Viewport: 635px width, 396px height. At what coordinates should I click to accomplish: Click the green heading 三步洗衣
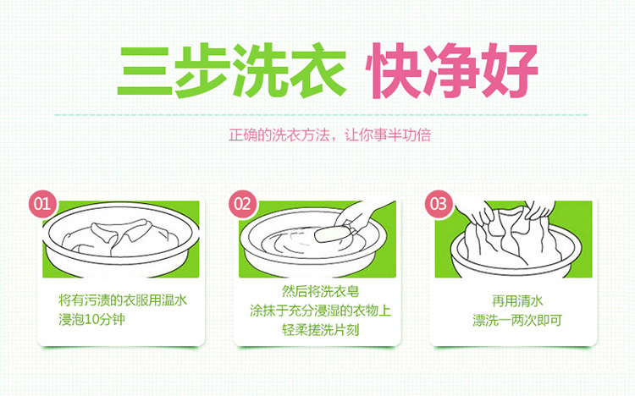tap(232, 71)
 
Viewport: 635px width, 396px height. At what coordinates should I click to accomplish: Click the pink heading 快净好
tap(451, 71)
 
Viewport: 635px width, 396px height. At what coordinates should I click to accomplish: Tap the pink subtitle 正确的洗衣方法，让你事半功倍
tap(329, 135)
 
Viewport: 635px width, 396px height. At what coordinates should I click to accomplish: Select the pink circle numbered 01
tap(42, 204)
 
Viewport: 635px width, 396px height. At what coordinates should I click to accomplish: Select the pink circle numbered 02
tap(242, 204)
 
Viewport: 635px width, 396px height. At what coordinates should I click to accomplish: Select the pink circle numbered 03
tap(439, 204)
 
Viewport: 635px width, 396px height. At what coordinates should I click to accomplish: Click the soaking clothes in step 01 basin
tap(120, 238)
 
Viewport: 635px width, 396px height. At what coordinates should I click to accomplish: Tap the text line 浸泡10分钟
tap(91, 320)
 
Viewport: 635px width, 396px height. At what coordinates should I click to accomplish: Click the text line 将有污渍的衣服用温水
tap(123, 300)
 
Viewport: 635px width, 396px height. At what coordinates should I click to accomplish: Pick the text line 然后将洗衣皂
tap(320, 291)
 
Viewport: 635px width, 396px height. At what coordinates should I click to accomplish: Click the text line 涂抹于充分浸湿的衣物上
tap(320, 311)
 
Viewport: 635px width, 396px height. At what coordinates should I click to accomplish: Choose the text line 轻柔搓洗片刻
tap(320, 330)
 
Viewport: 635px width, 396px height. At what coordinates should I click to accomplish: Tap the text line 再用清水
tap(517, 301)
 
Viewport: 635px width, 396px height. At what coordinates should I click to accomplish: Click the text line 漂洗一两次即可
tap(517, 321)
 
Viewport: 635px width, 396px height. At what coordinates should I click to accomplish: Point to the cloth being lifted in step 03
tap(511, 235)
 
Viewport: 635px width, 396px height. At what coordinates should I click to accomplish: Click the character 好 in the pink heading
tap(510, 71)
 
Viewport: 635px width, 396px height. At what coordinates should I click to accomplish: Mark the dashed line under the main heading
tap(321, 115)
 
